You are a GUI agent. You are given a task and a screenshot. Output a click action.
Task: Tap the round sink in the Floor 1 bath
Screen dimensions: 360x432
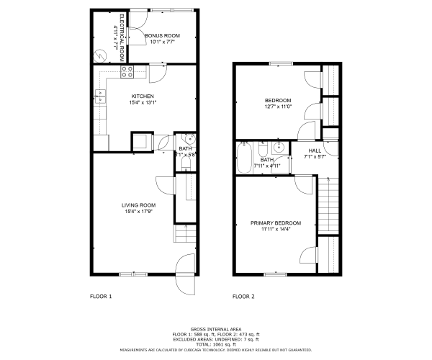pyautogui.click(x=188, y=139)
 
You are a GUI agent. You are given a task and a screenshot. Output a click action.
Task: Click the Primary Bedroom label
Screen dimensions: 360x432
pyautogui.click(x=276, y=223)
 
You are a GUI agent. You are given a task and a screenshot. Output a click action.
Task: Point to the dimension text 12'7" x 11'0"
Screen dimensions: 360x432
pyautogui.click(x=277, y=107)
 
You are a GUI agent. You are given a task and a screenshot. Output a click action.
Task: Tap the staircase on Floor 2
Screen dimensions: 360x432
pyautogui.click(x=330, y=206)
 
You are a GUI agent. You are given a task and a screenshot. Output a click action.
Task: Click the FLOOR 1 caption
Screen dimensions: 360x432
pyautogui.click(x=100, y=296)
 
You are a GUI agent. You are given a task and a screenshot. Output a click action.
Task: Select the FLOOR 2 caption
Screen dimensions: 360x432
pyautogui.click(x=243, y=296)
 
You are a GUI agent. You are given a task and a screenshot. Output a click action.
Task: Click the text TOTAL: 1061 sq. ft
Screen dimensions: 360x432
pyautogui.click(x=215, y=343)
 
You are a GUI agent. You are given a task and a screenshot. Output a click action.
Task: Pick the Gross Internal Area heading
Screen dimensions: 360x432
pyautogui.click(x=215, y=328)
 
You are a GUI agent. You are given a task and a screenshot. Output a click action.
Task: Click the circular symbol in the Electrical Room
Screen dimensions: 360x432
pyautogui.click(x=99, y=53)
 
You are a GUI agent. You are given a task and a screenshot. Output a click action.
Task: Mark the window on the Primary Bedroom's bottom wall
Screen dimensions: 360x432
pyautogui.click(x=274, y=274)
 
